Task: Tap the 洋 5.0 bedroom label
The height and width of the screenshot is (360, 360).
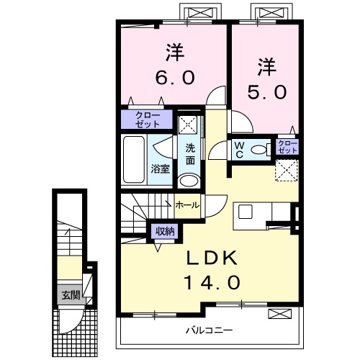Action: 264,79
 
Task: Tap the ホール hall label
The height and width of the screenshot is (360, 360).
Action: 189,204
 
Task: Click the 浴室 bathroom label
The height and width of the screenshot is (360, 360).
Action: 160,168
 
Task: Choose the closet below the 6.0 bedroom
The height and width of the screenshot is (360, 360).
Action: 147,119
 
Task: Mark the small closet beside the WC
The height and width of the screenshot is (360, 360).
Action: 287,148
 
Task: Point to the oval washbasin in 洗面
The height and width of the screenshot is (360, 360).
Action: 189,180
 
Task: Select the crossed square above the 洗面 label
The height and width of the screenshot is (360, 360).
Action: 189,123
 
